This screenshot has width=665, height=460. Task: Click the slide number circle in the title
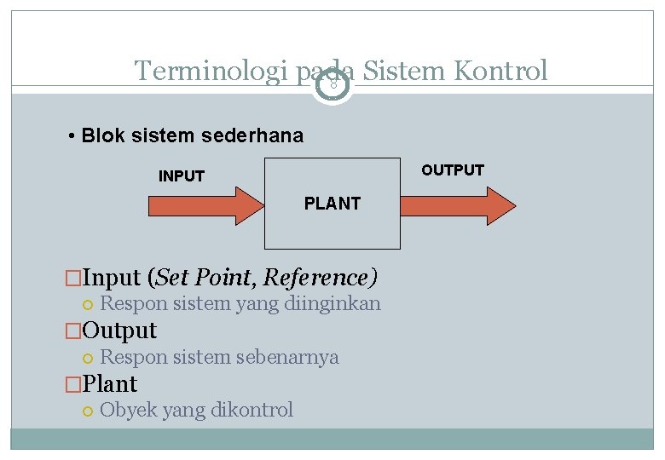[x=332, y=86]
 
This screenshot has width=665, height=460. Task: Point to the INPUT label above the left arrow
[x=182, y=176]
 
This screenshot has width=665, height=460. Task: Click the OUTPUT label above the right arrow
[x=452, y=170]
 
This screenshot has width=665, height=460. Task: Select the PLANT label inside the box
[x=332, y=204]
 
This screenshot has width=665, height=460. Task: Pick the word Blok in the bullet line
[x=103, y=136]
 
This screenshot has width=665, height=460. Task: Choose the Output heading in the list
[x=119, y=331]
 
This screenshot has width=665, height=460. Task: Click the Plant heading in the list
[x=110, y=383]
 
